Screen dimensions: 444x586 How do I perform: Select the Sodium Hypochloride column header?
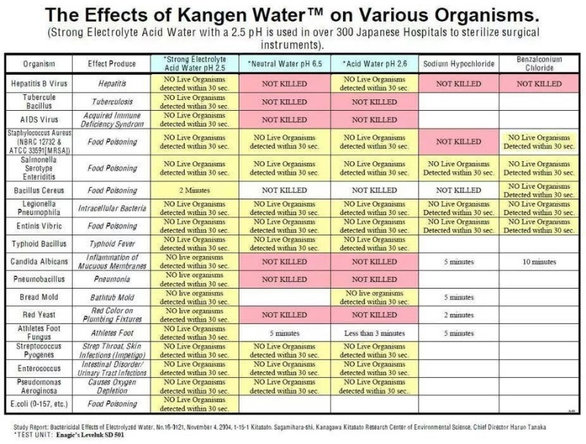(x=458, y=64)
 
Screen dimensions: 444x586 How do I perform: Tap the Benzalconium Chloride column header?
(x=539, y=63)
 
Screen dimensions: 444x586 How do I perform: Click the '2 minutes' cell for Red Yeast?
(x=458, y=314)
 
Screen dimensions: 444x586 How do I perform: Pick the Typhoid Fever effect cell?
(x=112, y=244)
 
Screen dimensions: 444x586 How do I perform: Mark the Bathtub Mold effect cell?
(x=112, y=296)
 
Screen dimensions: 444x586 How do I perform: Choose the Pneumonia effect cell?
(x=112, y=278)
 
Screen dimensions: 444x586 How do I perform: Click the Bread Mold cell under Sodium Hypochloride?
(x=458, y=297)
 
